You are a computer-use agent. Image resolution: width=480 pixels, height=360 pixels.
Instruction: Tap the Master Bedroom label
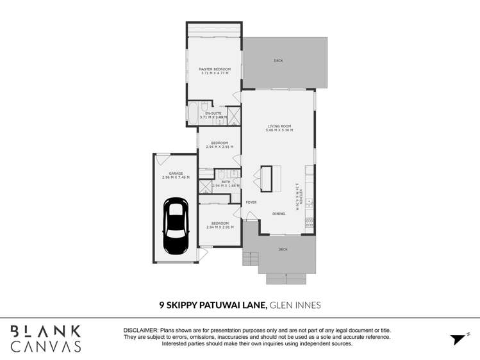[214, 69]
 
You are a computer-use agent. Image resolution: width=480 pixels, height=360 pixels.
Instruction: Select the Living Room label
[279, 126]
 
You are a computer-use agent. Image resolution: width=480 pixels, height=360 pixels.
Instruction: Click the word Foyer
[251, 202]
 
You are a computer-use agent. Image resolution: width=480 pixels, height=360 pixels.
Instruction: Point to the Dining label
[279, 213]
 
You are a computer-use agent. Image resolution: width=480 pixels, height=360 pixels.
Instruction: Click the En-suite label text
[213, 113]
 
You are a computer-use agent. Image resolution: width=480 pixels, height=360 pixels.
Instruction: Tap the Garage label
[176, 173]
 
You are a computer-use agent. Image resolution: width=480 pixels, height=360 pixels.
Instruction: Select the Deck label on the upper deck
[278, 61]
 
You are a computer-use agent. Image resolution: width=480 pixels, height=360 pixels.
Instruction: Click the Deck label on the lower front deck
[283, 249]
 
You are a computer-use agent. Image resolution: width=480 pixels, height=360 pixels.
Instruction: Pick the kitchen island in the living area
[270, 178]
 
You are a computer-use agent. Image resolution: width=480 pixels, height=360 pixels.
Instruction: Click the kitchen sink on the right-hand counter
[310, 204]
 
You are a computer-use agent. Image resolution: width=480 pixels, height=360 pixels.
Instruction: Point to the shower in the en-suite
[234, 115]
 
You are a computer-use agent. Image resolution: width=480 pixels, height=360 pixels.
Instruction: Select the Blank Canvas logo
[45, 338]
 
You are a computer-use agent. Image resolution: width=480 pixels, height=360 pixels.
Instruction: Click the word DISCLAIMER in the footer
[140, 329]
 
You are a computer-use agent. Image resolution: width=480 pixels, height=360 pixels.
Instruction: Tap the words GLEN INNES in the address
[295, 306]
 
